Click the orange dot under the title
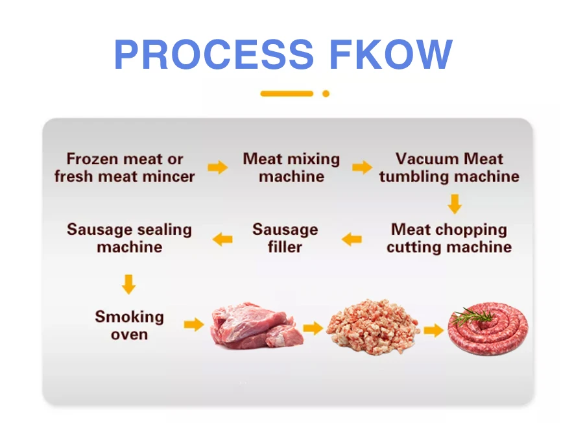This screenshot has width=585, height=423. point(326,93)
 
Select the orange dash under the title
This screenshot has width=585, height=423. point(287,93)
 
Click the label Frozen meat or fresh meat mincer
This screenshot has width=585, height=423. point(125,167)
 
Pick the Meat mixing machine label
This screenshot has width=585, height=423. point(291,167)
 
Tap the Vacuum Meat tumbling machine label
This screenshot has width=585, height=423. point(449,167)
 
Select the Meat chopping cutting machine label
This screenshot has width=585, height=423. point(449,238)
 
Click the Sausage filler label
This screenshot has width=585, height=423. point(285,238)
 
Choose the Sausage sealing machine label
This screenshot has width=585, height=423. point(129,238)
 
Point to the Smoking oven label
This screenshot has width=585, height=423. point(129,326)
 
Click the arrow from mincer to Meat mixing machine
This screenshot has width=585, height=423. point(218,167)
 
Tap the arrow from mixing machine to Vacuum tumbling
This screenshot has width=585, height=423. point(362,167)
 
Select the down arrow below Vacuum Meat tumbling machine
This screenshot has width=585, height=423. point(455,204)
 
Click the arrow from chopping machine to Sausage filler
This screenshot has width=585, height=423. point(352,239)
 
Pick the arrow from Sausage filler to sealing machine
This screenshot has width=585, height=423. point(222,239)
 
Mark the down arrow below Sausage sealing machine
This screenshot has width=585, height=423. point(128,284)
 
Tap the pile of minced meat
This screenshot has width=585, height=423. point(372,326)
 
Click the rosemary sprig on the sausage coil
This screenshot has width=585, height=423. point(472,316)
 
